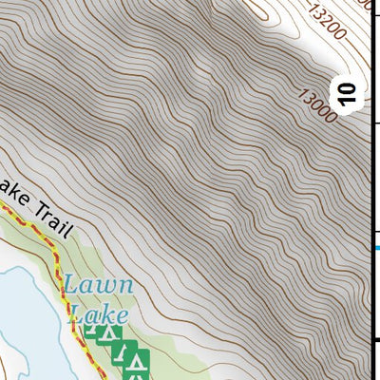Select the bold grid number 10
point(349,93)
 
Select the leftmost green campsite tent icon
point(92,332)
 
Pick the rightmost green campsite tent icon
point(140,362)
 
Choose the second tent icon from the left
point(110,333)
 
